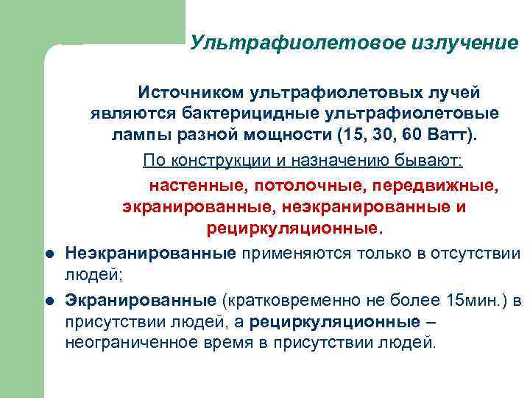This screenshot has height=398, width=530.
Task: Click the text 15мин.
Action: click(474, 301)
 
